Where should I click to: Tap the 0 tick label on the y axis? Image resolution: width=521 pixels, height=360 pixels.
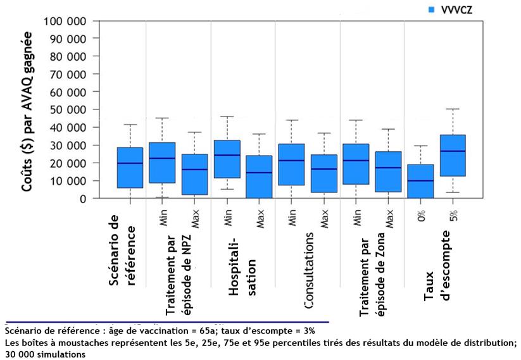[83, 198]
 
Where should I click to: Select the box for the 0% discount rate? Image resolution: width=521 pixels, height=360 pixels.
[421, 181]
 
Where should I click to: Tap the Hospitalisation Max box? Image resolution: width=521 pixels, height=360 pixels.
[259, 177]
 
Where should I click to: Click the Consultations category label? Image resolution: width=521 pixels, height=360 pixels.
[310, 270]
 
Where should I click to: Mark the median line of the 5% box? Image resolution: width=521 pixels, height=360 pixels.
[453, 151]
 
